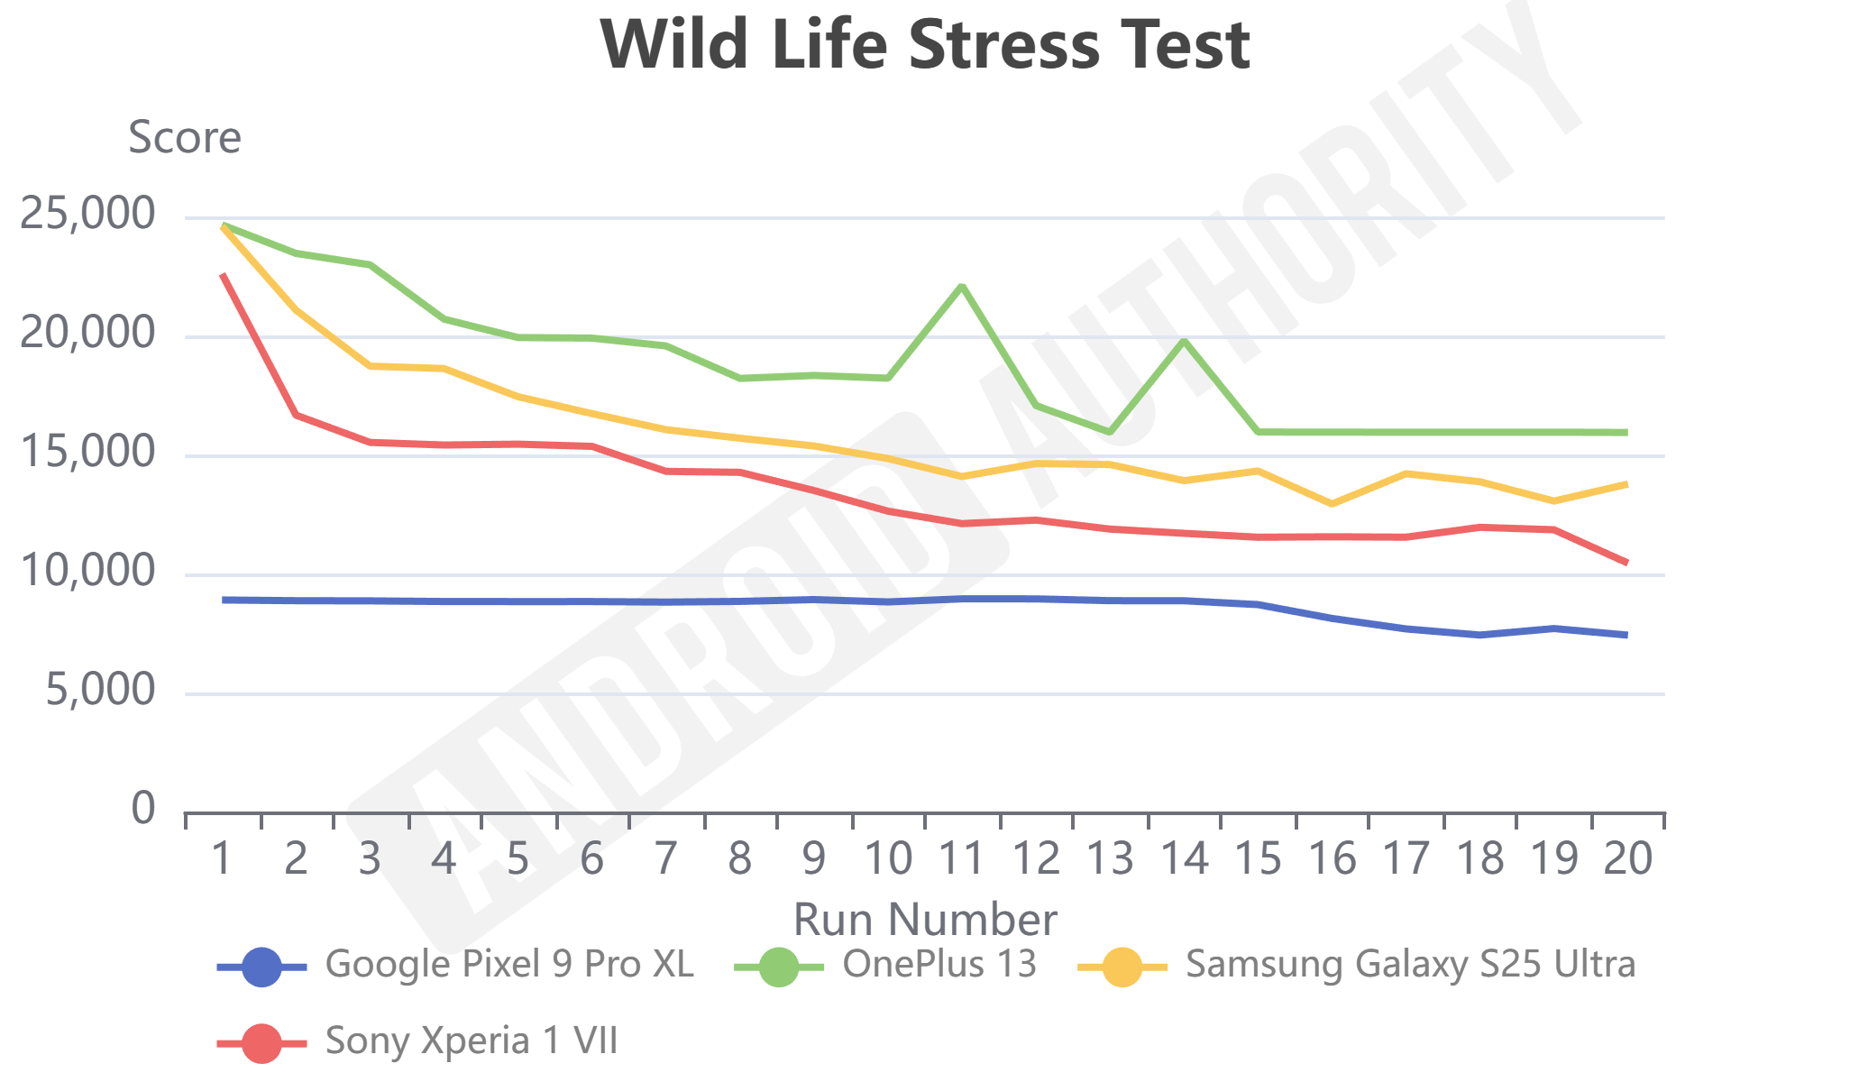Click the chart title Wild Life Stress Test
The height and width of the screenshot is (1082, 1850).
[x=925, y=45]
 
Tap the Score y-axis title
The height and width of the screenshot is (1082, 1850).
[x=185, y=138]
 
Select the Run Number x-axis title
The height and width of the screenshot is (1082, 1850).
[x=925, y=920]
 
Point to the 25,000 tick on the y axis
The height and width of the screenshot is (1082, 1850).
[x=87, y=215]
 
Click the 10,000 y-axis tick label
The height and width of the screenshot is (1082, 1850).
[x=87, y=573]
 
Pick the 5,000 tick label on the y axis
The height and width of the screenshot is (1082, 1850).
[x=100, y=692]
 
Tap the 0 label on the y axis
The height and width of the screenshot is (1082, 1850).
[x=143, y=809]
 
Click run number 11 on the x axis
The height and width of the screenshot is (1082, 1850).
[x=962, y=858]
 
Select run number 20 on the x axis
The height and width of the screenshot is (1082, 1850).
[x=1627, y=858]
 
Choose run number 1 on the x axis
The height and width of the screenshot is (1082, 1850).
[x=223, y=858]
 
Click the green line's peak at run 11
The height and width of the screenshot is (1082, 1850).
[x=962, y=286]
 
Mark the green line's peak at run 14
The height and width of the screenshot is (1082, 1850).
[x=1184, y=341]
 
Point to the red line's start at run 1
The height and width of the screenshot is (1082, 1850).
[x=223, y=274]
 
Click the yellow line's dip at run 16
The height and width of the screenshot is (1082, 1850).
[x=1332, y=503]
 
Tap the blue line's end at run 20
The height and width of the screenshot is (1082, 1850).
[x=1626, y=635]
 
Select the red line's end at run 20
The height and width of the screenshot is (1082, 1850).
[x=1626, y=563]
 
